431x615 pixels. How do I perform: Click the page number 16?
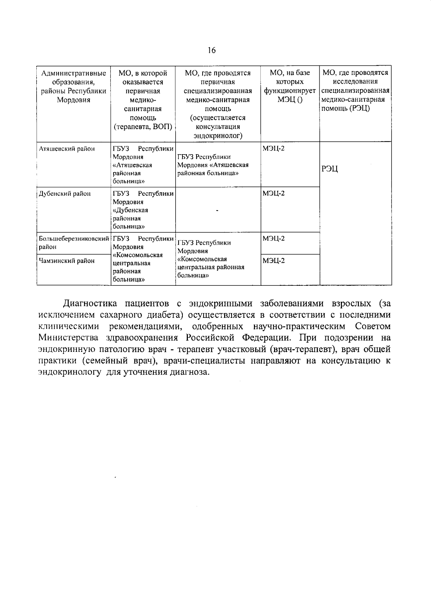click(212, 50)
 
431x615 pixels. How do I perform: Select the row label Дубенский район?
click(65, 194)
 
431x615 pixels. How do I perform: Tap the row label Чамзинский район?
click(66, 261)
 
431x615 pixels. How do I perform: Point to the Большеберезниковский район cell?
click(74, 243)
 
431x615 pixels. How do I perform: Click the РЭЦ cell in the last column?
click(330, 169)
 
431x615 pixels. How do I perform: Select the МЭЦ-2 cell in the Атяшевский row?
click(274, 148)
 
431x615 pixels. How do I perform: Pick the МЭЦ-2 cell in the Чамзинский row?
click(274, 261)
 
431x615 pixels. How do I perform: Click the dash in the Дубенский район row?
click(217, 211)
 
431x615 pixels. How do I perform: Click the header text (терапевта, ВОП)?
click(143, 127)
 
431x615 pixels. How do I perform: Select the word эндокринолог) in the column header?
click(218, 136)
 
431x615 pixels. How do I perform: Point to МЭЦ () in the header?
click(290, 100)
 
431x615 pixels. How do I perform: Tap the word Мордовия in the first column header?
click(74, 100)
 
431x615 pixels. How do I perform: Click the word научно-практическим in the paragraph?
click(299, 326)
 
